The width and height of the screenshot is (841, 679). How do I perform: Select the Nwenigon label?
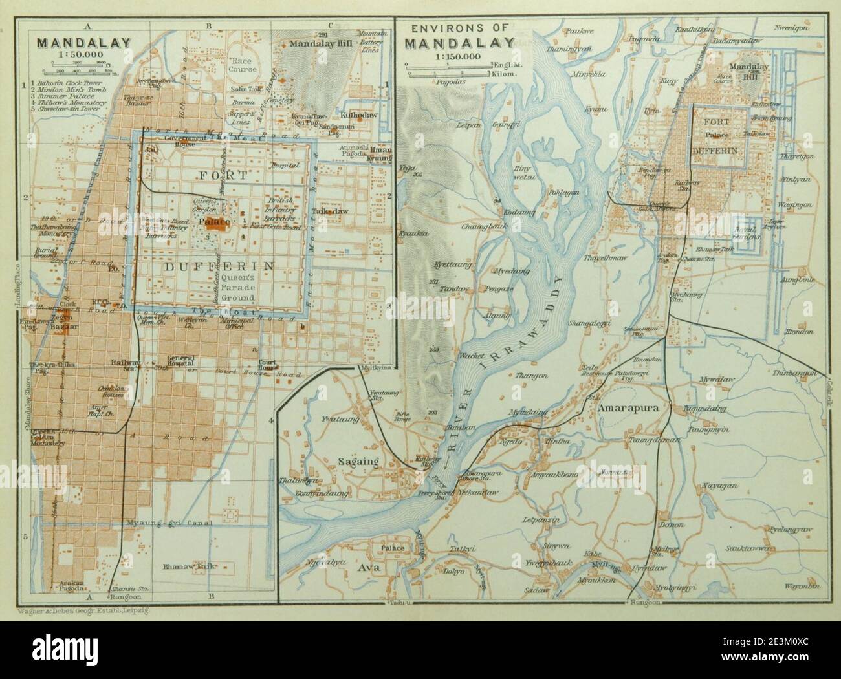(x=793, y=28)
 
